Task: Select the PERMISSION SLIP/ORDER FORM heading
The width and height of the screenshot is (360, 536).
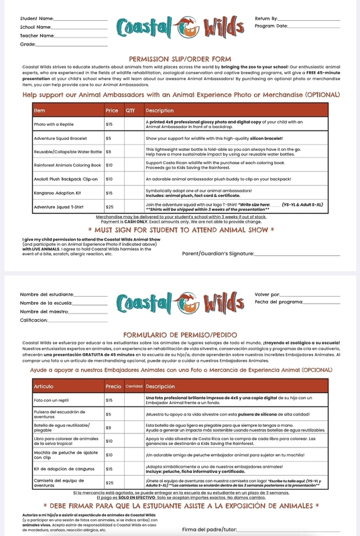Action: (179, 58)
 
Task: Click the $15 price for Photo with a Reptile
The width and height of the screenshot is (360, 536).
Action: (109, 124)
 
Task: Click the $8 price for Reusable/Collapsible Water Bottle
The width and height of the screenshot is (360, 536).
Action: (109, 151)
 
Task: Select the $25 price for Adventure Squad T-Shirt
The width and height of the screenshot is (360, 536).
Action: (109, 207)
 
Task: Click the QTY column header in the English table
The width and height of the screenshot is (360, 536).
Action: (130, 110)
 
